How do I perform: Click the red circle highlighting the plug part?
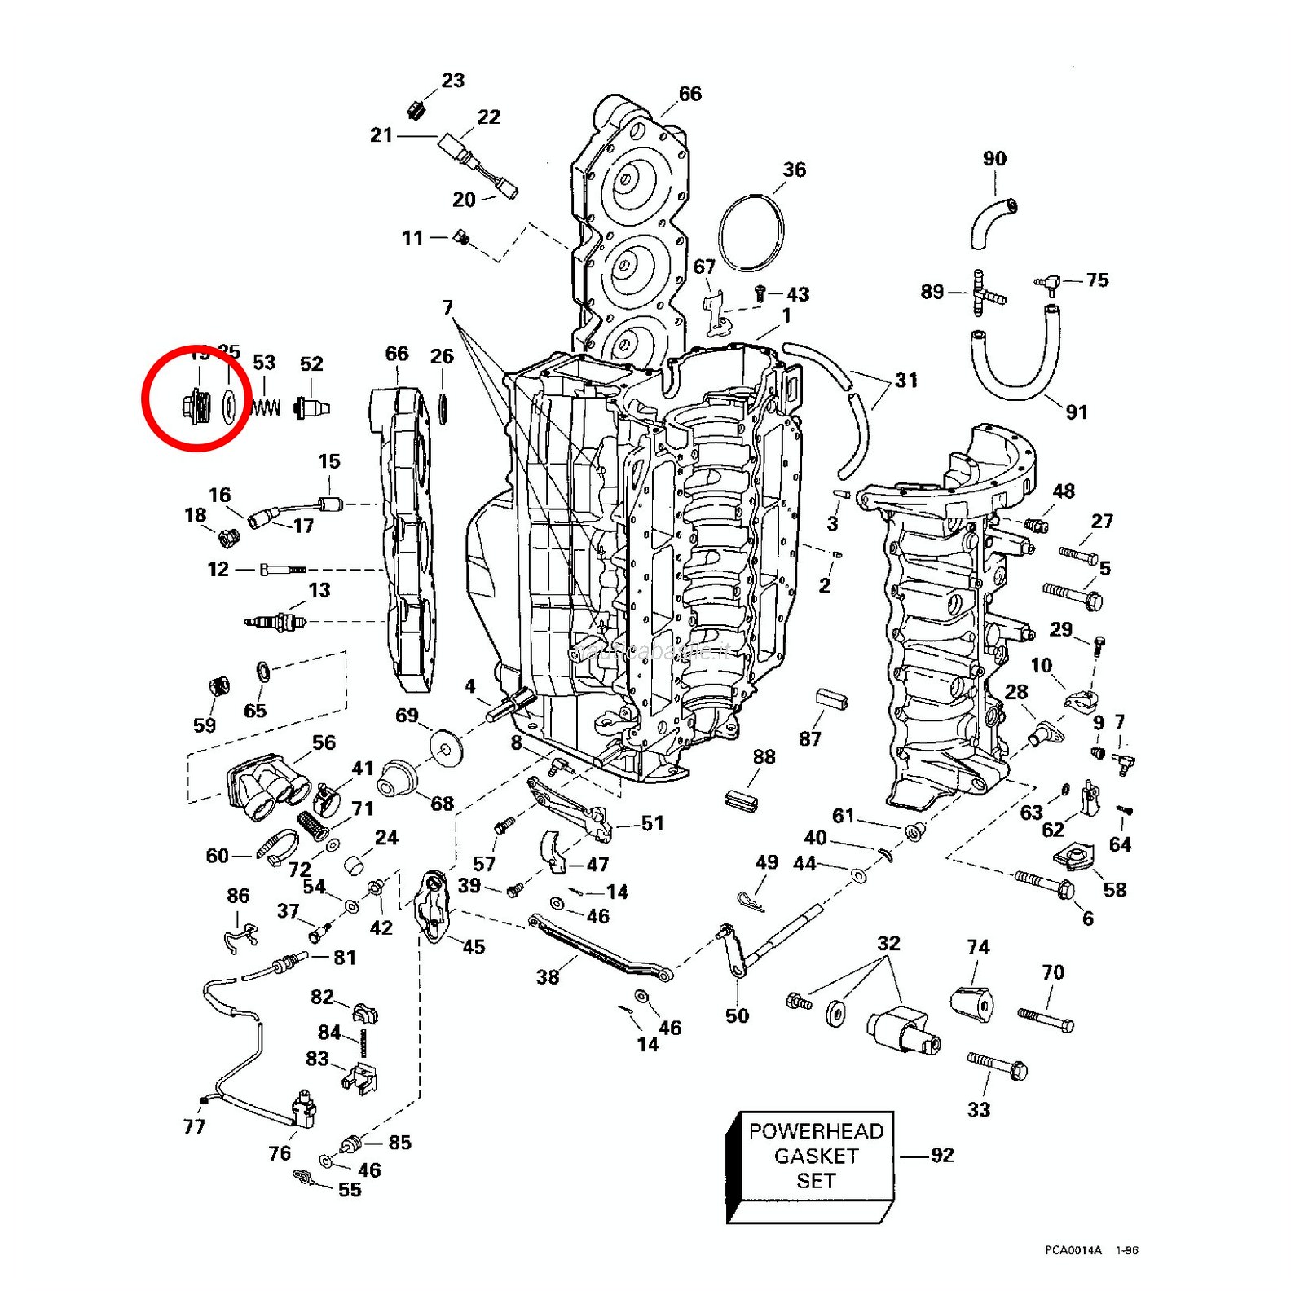196,397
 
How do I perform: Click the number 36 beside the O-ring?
794,170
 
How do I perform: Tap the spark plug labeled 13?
275,623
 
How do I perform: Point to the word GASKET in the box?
816,1156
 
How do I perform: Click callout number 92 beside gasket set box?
941,1155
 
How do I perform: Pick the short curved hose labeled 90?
991,221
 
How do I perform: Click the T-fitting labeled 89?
984,293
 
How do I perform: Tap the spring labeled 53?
266,407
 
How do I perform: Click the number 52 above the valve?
311,363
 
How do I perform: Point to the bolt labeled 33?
998,1065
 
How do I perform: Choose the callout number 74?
978,946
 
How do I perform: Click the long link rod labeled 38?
599,948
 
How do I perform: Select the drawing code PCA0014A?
1073,1250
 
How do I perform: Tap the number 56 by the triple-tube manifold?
324,742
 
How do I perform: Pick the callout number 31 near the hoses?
906,380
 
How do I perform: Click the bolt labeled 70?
1045,1020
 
